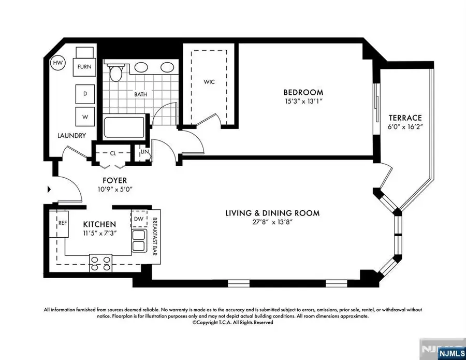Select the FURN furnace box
tap(84, 66)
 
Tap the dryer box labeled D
tap(84, 93)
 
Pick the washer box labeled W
tap(84, 117)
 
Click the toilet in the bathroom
tap(115, 73)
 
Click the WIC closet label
tap(209, 82)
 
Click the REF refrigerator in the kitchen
tap(63, 224)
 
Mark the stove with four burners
tap(100, 263)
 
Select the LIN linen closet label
tap(139, 153)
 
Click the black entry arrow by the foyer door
tap(49, 190)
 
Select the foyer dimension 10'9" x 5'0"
tap(114, 190)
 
